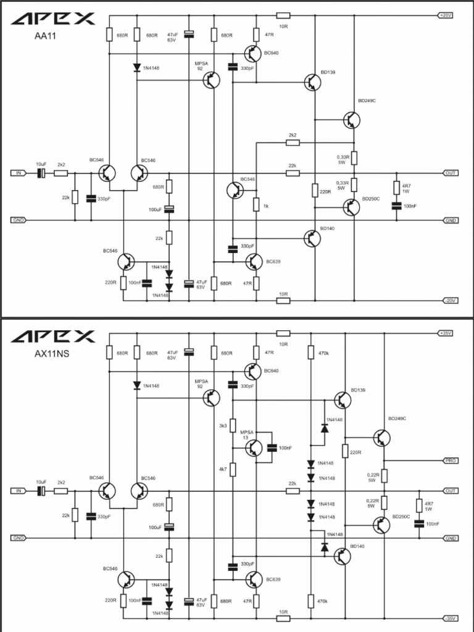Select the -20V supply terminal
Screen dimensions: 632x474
pos(449,301)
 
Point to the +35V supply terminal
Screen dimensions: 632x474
pos(446,333)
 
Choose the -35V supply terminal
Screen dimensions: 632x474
pos(449,618)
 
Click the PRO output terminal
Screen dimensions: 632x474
pos(450,461)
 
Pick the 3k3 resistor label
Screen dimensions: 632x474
pos(223,426)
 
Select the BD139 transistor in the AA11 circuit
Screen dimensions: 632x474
pos(312,81)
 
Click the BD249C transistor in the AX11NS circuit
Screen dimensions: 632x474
pos(381,438)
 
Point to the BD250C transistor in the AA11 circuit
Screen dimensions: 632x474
pos(351,207)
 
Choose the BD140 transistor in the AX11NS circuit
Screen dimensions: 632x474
pos(342,555)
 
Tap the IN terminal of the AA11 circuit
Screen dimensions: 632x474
pos(18,173)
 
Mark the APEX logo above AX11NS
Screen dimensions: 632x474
pos(53,336)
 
